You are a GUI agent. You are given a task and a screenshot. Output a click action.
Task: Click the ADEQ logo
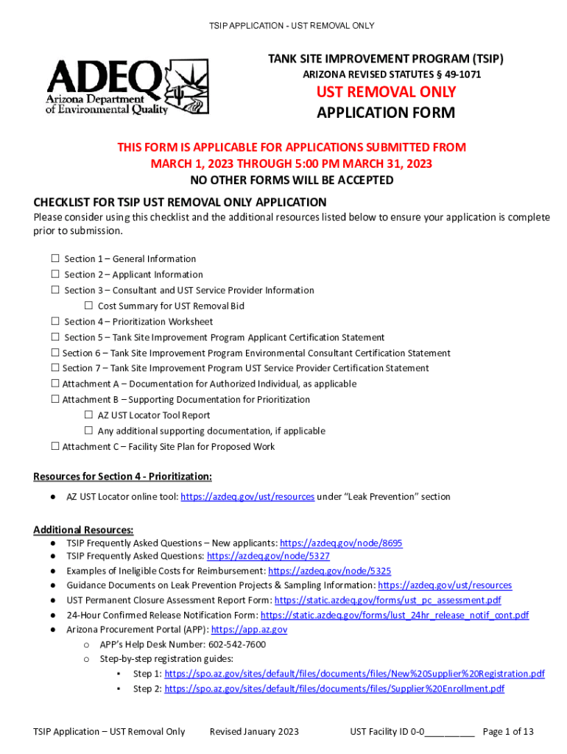click(126, 86)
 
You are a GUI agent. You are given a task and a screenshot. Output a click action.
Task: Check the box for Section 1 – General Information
click(55, 258)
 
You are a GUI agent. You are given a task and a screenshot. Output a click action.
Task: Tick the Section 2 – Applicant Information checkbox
click(55, 275)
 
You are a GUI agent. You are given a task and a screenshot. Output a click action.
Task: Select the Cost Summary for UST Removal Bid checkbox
click(88, 306)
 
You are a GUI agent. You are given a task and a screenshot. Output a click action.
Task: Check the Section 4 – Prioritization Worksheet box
click(55, 321)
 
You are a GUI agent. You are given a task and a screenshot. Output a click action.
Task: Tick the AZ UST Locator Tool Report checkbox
click(88, 415)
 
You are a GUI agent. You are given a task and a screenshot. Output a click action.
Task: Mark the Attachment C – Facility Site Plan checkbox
click(54, 446)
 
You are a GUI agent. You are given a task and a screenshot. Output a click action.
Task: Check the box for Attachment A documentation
click(54, 384)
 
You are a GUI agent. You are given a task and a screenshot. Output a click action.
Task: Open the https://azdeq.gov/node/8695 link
click(341, 543)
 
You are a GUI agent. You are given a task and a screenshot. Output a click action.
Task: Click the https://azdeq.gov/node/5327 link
click(268, 557)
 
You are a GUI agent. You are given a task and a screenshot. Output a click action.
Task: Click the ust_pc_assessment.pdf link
click(387, 600)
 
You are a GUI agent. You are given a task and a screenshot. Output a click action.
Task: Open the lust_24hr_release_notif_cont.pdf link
click(395, 615)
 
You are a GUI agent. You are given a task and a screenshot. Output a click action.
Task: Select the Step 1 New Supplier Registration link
click(354, 674)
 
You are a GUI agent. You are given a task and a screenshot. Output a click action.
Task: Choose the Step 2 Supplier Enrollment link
click(334, 689)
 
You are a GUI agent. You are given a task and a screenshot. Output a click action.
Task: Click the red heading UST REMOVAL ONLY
click(386, 92)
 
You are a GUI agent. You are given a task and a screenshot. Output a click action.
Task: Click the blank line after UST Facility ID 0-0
click(450, 732)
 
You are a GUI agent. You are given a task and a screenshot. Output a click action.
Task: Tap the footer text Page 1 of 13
click(507, 731)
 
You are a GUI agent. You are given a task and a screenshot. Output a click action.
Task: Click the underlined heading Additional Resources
click(83, 530)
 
